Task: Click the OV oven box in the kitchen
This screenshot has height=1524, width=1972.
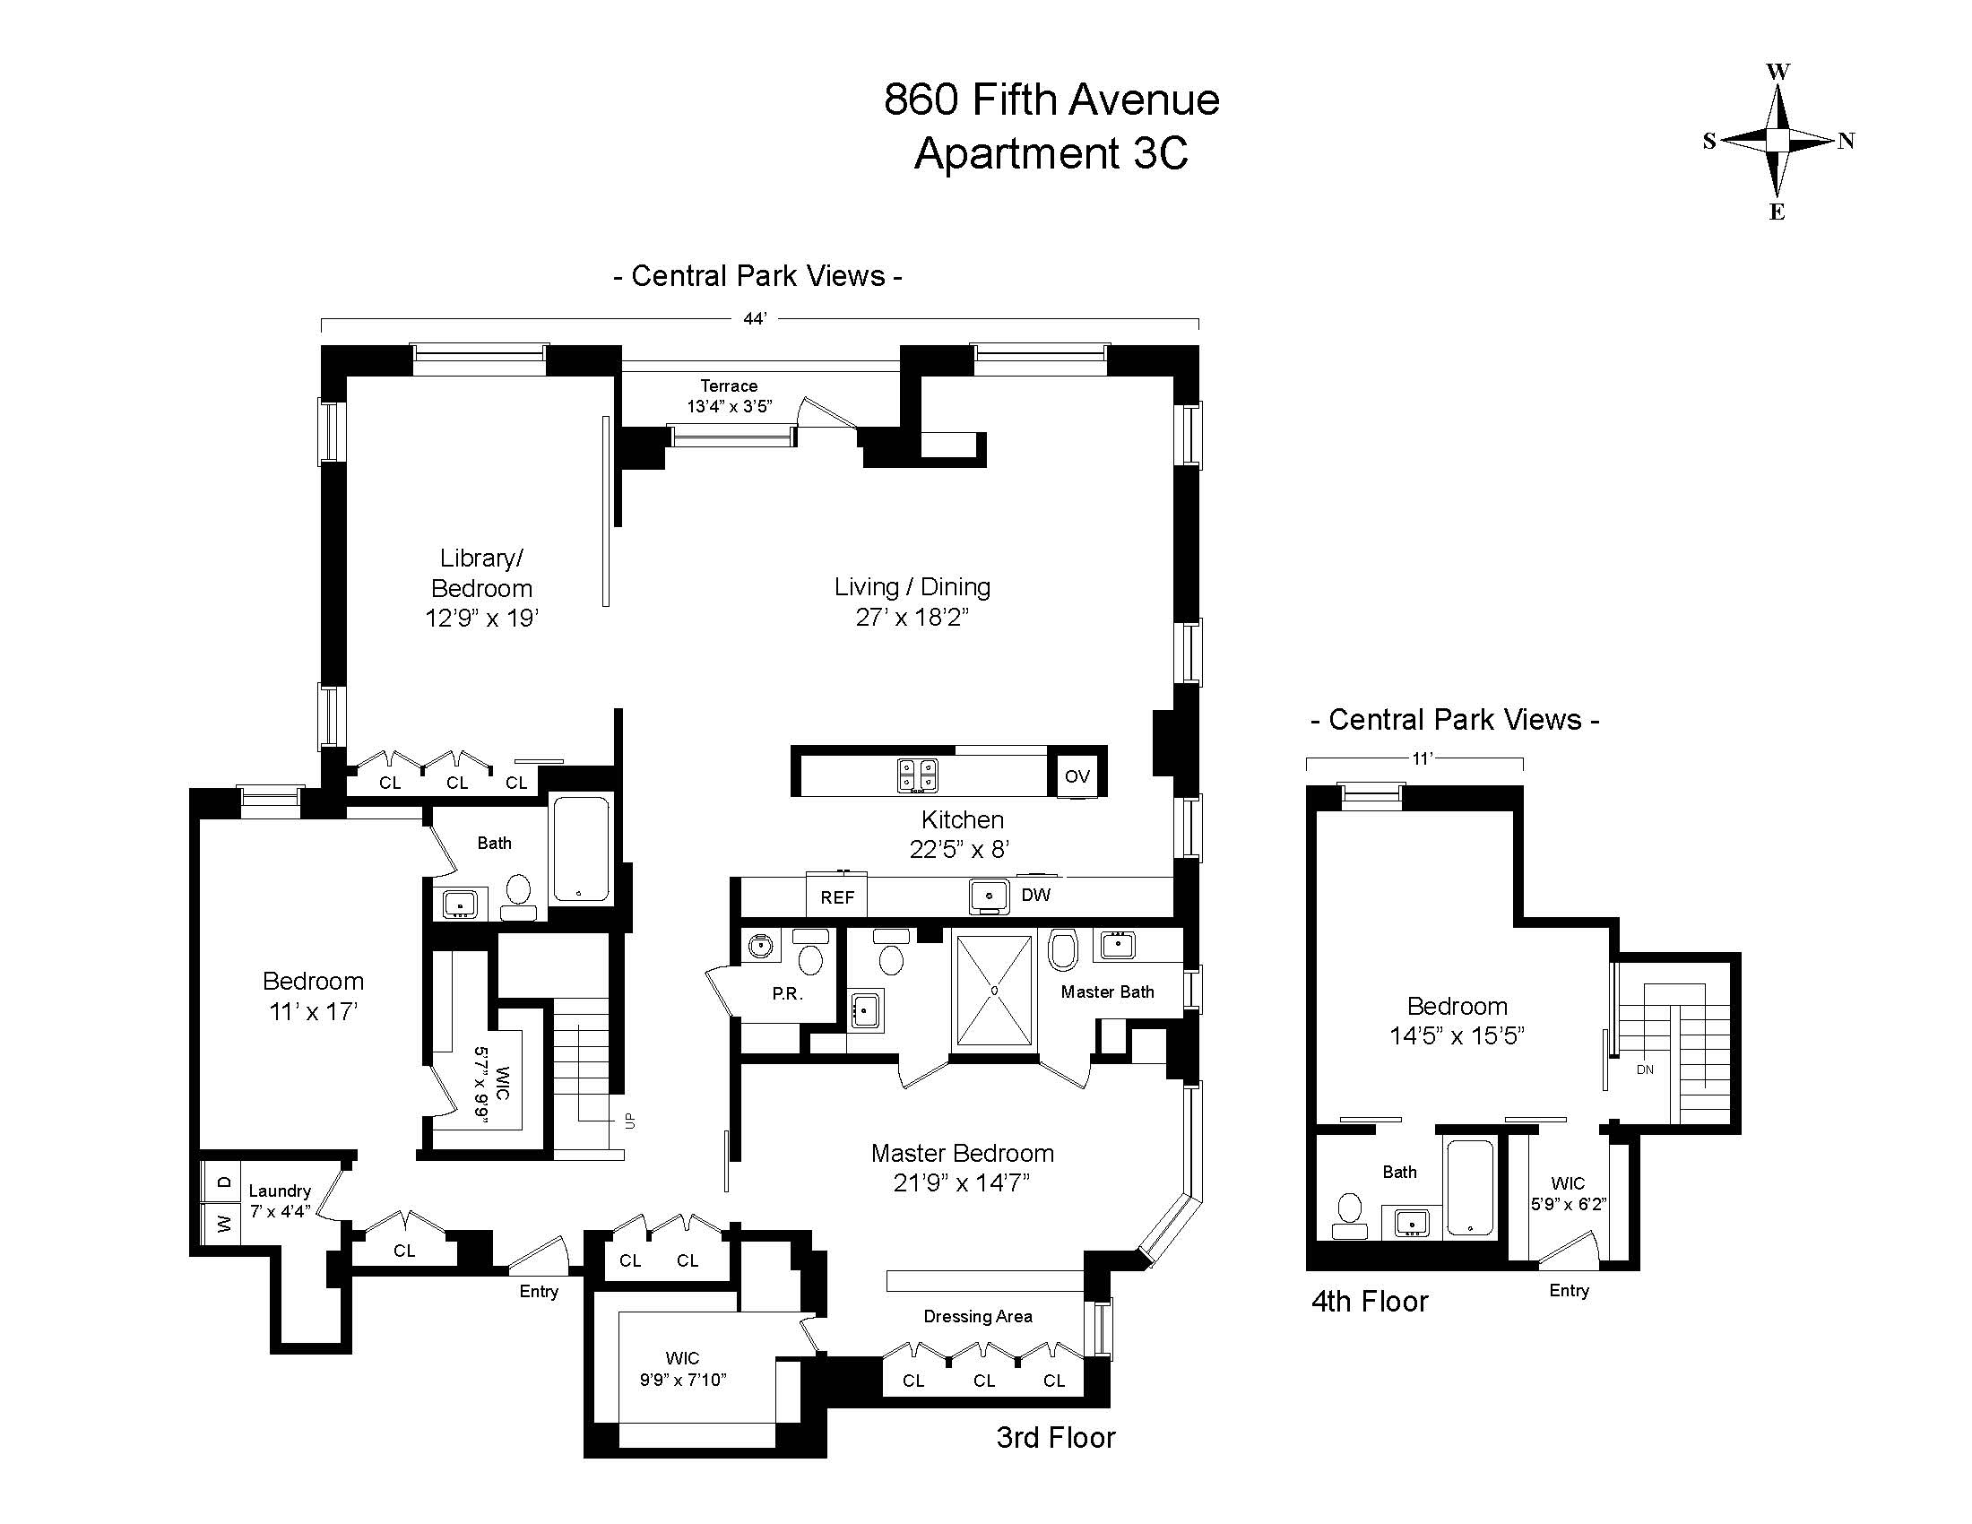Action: tap(1077, 775)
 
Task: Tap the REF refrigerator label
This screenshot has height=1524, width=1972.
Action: tap(837, 897)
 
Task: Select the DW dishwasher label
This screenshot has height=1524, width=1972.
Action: tap(1035, 895)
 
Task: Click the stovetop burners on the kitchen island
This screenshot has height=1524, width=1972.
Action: tap(917, 775)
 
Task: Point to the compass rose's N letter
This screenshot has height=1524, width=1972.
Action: tap(1847, 141)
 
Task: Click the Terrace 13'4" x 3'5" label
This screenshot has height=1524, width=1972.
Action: tap(730, 396)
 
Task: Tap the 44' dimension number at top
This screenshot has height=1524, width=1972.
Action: tap(755, 319)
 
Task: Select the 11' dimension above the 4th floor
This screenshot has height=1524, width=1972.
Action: tap(1423, 759)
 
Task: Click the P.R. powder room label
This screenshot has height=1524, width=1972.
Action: tap(787, 993)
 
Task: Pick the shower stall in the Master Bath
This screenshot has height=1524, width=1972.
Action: tap(993, 991)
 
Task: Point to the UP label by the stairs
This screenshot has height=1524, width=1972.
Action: tap(630, 1121)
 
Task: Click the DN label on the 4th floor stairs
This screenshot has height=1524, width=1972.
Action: tap(1644, 1069)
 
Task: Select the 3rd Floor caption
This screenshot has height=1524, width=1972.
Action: tap(1056, 1436)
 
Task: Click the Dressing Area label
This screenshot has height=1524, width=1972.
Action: tap(978, 1316)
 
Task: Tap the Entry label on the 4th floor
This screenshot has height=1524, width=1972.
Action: tap(1569, 1290)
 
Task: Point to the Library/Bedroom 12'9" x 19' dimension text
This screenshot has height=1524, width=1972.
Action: tap(482, 619)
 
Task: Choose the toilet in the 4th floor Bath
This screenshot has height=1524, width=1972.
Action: tap(1350, 1213)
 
